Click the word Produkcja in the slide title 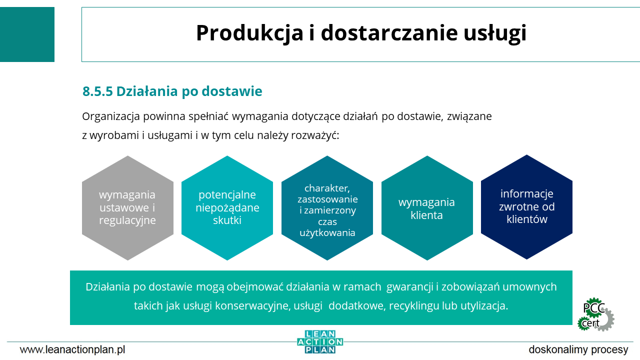tap(249, 33)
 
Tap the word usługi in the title tap(494, 33)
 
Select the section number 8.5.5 tap(97, 91)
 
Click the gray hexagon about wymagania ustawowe tap(127, 208)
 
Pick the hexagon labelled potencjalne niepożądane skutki tap(227, 208)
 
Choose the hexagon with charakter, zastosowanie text tap(327, 208)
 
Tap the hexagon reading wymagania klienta tap(427, 208)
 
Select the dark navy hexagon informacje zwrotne tap(526, 207)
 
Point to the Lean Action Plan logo tap(320, 342)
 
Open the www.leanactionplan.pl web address tap(72, 349)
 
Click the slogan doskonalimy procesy tap(578, 349)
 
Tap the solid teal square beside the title tap(27, 34)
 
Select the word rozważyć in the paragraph tap(315, 135)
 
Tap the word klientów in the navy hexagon tap(527, 219)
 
